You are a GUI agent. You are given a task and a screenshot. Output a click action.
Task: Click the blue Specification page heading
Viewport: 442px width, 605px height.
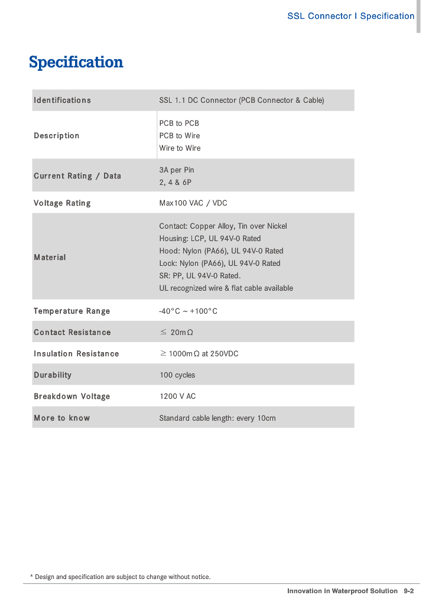[x=76, y=62]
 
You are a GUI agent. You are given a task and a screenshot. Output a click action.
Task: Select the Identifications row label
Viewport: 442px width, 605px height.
[x=62, y=100]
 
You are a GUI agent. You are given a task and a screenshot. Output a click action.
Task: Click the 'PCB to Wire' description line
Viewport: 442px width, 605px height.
[x=180, y=136]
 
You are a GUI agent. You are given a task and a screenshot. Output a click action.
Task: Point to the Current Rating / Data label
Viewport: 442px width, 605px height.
[x=77, y=176]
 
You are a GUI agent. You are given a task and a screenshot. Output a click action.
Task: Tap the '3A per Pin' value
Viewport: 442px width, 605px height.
[x=177, y=170]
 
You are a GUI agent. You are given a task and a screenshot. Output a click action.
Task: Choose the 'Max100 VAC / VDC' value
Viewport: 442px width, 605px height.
[x=193, y=203]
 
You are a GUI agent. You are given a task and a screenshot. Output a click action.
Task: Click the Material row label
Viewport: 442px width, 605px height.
[x=50, y=258]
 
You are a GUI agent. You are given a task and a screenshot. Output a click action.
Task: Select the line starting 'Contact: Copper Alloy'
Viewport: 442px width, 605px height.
[x=223, y=226]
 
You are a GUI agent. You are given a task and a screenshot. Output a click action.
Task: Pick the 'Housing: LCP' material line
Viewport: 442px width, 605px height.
[x=210, y=239]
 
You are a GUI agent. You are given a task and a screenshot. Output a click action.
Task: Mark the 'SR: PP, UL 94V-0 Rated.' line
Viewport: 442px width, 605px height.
[x=200, y=276]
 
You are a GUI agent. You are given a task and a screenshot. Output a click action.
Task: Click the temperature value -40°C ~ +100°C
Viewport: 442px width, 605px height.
[x=188, y=311]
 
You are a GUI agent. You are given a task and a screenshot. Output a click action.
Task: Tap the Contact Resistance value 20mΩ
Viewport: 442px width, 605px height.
[x=177, y=333]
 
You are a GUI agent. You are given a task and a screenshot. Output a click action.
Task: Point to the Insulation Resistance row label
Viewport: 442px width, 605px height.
[x=76, y=354]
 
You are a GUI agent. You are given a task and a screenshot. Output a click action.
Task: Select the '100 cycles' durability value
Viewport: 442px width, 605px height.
[x=177, y=375]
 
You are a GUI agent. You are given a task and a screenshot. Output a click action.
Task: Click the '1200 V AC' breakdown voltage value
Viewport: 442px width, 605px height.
[x=177, y=396]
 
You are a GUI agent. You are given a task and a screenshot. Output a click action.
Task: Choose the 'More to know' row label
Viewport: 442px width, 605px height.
[x=61, y=418]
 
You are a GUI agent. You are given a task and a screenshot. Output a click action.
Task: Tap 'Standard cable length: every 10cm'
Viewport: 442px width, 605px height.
[x=217, y=418]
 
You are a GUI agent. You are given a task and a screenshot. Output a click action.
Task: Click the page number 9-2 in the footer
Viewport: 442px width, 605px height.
[x=408, y=591]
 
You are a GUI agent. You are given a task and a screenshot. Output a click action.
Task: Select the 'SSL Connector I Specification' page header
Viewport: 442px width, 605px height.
[x=350, y=16]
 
